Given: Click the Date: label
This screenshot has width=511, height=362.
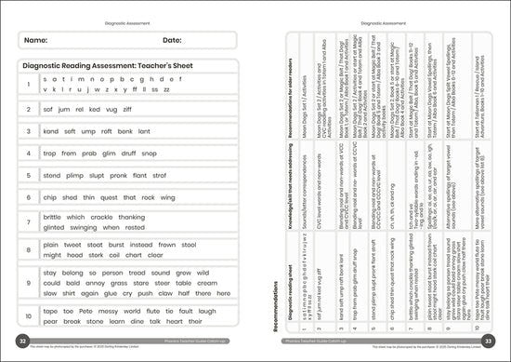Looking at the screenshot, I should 173,41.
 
